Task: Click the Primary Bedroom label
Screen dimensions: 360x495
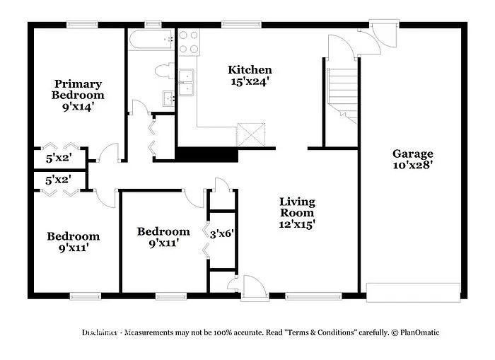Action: click(78, 89)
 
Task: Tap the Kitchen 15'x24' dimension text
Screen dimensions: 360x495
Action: click(249, 81)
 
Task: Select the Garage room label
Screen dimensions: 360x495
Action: click(413, 153)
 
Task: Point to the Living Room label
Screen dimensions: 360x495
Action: click(296, 207)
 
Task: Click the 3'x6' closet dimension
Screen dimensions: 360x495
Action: click(221, 231)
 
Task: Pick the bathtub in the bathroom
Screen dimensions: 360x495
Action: click(151, 40)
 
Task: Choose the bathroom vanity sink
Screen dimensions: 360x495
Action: click(170, 98)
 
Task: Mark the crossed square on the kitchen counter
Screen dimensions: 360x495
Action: click(250, 134)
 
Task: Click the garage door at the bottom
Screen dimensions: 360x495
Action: click(413, 292)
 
